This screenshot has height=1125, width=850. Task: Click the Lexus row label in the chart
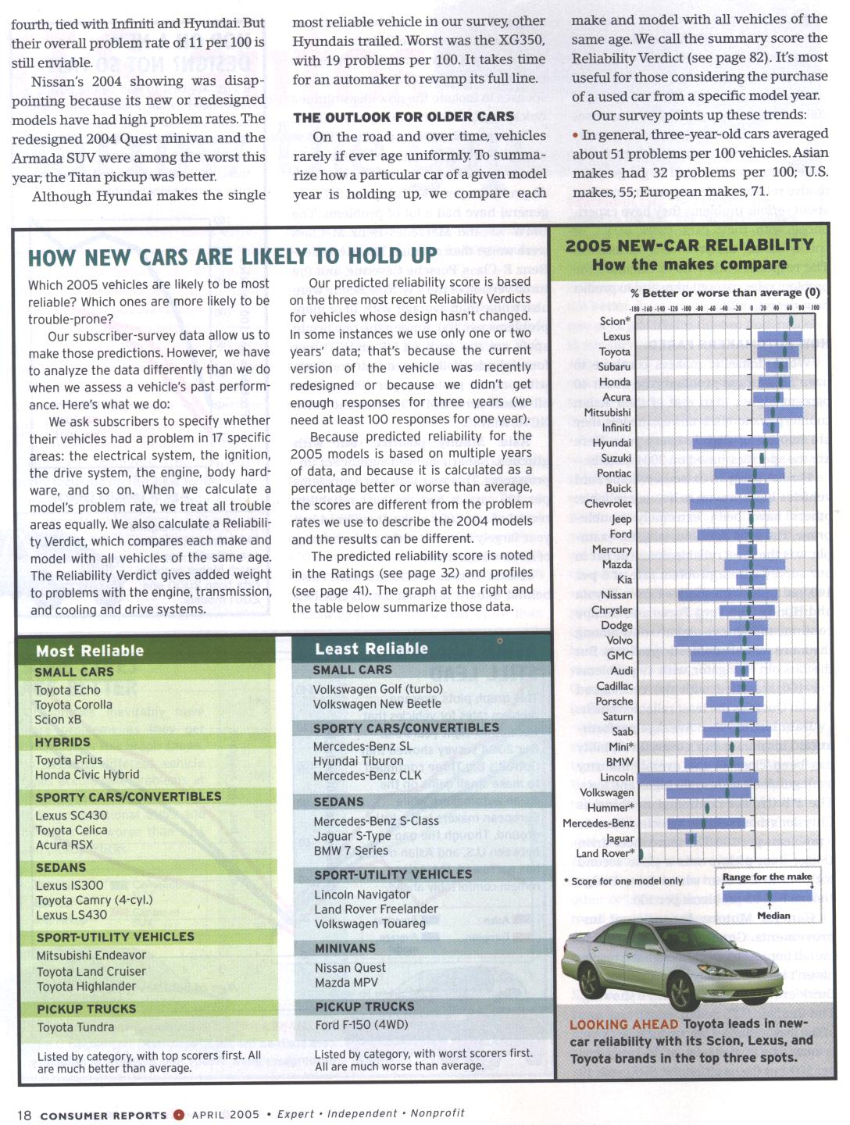[x=616, y=337]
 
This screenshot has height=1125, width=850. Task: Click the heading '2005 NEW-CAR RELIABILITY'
[x=689, y=245]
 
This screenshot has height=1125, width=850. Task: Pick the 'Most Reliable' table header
[x=90, y=651]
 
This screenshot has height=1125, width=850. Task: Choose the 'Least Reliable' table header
[x=371, y=648]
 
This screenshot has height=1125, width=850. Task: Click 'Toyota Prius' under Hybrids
[x=69, y=760]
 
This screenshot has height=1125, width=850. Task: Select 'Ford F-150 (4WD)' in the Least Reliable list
[x=362, y=1025]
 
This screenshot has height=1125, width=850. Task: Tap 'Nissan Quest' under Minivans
[x=350, y=968]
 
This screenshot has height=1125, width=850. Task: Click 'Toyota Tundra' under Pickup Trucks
[x=76, y=1027]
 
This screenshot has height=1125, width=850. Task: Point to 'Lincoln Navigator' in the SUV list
[x=362, y=895]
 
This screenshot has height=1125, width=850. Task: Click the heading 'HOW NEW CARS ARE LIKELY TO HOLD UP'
[x=233, y=256]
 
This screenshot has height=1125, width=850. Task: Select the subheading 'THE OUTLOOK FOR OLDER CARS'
[x=404, y=117]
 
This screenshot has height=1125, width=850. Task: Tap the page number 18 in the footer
[x=24, y=1115]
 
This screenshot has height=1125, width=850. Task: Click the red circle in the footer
[x=179, y=1115]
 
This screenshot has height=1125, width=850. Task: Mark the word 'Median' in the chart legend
[x=773, y=916]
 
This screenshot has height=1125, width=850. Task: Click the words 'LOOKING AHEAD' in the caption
[x=623, y=1024]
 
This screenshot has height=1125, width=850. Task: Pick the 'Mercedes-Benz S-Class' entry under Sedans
[x=376, y=821]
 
